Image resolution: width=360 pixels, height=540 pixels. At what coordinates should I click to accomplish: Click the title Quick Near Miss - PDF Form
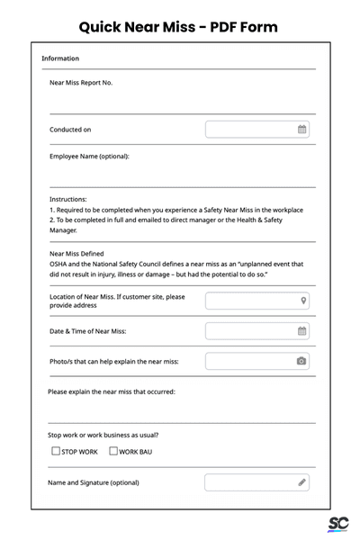coord(178,26)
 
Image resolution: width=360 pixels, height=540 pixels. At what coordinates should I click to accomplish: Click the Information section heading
coord(60,58)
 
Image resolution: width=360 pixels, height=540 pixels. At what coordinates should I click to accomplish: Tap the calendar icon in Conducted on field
coord(302,130)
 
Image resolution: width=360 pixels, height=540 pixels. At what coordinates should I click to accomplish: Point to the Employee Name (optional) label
coord(89,156)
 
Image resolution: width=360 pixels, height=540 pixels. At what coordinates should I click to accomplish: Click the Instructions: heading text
coord(68,199)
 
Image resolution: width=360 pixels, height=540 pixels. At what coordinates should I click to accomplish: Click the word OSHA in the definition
coord(59,265)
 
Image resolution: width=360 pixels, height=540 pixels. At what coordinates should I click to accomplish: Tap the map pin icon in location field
coord(303,301)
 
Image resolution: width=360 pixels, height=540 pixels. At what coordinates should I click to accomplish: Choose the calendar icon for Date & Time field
coord(302,331)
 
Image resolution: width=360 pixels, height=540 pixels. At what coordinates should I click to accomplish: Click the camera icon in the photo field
coord(301,361)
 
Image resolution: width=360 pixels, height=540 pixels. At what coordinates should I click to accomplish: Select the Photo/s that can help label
coord(113,361)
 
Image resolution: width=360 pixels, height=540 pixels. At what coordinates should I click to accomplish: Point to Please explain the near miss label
coord(111,391)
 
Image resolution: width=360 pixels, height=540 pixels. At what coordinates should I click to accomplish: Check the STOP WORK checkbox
coord(56,451)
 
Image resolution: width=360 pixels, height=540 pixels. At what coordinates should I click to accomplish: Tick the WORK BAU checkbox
coord(113,451)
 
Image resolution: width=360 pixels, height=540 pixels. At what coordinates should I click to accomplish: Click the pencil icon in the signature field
coord(302,482)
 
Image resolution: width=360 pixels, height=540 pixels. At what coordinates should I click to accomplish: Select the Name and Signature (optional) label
coord(94,482)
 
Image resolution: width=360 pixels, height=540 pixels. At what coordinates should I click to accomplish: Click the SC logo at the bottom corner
coord(338,525)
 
